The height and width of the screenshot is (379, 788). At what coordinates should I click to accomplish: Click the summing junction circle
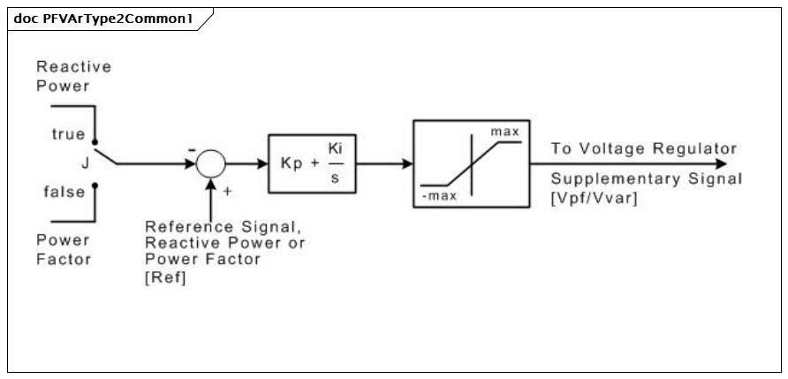210,163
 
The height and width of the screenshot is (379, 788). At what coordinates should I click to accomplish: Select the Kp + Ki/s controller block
312,163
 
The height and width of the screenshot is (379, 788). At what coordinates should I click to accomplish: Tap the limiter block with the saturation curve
472,163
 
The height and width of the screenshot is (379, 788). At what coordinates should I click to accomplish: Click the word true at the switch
68,134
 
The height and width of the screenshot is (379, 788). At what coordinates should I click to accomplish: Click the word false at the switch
64,192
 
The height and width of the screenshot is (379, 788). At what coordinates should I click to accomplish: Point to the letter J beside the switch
85,163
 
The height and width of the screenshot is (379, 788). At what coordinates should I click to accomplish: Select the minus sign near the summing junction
192,150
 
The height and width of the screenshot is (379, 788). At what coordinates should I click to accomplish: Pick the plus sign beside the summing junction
228,191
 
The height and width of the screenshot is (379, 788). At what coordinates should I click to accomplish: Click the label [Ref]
165,278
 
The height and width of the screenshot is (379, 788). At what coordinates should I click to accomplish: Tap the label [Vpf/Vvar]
594,199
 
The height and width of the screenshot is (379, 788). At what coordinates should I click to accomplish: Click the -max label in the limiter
439,196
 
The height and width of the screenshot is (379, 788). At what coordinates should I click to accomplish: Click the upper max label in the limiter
505,132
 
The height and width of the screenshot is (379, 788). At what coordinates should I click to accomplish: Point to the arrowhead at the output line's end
721,163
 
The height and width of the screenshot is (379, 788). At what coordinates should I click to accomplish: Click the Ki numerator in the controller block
335,149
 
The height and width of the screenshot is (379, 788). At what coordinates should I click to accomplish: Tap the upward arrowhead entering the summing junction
210,184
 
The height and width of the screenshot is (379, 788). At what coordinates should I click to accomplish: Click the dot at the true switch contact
95,142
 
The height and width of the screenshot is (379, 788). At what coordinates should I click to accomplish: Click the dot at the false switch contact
95,186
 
